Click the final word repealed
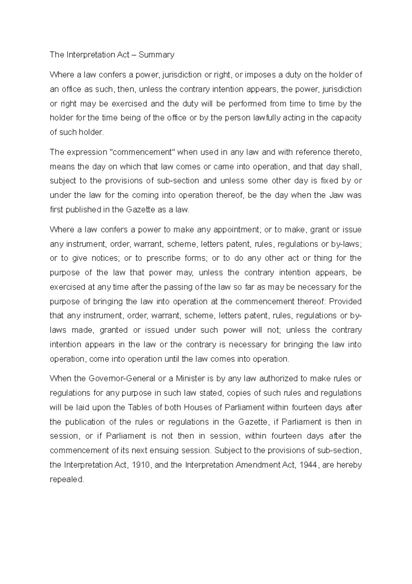[x=67, y=479]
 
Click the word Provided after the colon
[x=345, y=302]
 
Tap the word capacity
[x=346, y=118]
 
